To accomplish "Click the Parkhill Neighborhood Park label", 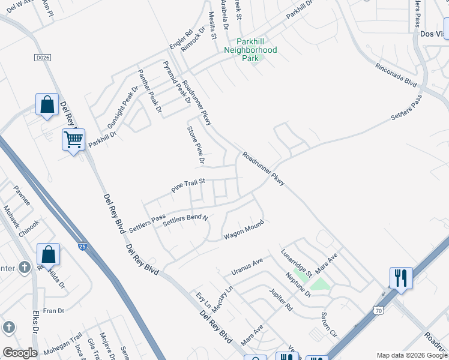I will pyautogui.click(x=250, y=50).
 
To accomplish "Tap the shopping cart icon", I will pyautogui.click(x=73, y=140).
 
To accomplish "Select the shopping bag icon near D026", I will pyautogui.click(x=47, y=106).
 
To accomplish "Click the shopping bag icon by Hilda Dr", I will pyautogui.click(x=48, y=255).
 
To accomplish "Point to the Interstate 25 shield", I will pyautogui.click(x=82, y=245).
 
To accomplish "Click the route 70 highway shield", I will pyautogui.click(x=378, y=310).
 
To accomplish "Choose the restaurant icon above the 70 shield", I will pyautogui.click(x=400, y=278).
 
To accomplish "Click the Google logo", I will pyautogui.click(x=20, y=353).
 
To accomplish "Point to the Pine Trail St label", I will pyautogui.click(x=188, y=184).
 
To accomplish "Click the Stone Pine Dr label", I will pyautogui.click(x=196, y=145).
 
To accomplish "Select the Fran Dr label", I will pyautogui.click(x=53, y=311).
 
